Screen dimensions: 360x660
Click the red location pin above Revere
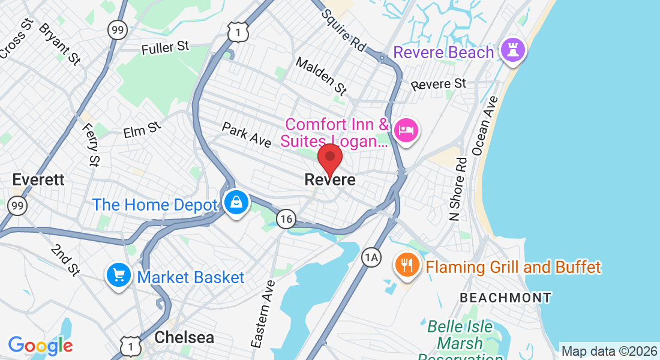coord(329,159)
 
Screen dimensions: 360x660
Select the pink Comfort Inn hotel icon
coord(406,130)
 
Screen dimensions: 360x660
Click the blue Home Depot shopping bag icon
coord(236,203)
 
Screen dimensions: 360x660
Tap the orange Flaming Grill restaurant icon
coord(407,265)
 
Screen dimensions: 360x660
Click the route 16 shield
coord(287,219)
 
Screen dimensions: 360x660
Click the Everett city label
coord(38,179)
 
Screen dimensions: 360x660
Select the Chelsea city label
coord(184,337)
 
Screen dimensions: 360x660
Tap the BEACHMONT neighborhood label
coord(505,297)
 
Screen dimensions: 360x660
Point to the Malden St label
coord(322,76)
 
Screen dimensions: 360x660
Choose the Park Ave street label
coord(247,134)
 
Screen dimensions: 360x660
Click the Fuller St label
coord(166,48)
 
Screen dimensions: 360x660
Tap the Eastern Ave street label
coord(263,314)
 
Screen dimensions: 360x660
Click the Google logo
coord(40,345)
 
